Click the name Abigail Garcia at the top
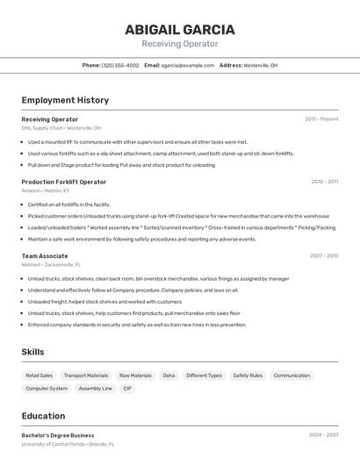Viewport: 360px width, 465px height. coord(179,30)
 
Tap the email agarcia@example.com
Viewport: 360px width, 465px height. coord(187,65)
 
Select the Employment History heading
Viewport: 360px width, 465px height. coord(65,100)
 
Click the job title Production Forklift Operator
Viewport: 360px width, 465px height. coord(63,182)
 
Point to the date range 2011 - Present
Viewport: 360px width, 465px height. coord(321,118)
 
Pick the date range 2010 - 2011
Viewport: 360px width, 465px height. coord(324,182)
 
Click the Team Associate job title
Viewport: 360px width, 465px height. coord(45,255)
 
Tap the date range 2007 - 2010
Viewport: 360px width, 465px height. coord(323,255)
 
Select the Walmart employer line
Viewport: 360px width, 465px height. coord(51,264)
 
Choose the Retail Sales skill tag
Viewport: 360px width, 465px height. coord(39,376)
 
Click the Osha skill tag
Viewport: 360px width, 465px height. coord(169,376)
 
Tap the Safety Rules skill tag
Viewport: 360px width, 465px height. coord(248,376)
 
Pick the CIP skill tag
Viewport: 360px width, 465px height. coord(127,388)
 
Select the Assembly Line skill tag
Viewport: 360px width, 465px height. coord(95,388)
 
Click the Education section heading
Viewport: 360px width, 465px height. coord(43,416)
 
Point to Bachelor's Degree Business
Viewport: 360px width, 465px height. coord(57,435)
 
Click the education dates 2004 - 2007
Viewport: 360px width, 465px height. coord(323,434)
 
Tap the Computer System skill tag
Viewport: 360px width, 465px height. coord(47,388)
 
